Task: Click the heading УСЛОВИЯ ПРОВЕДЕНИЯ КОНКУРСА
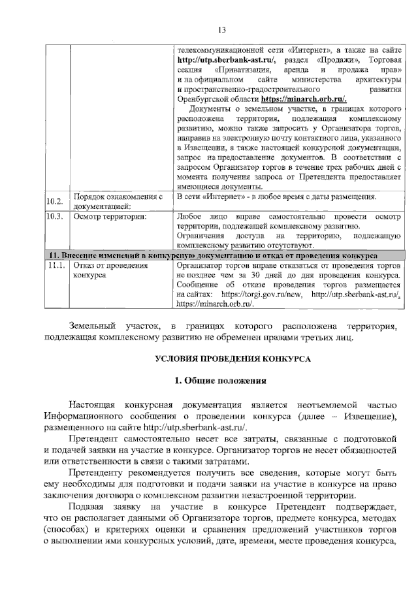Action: tap(221, 359)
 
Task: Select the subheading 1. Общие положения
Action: tap(221, 381)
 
